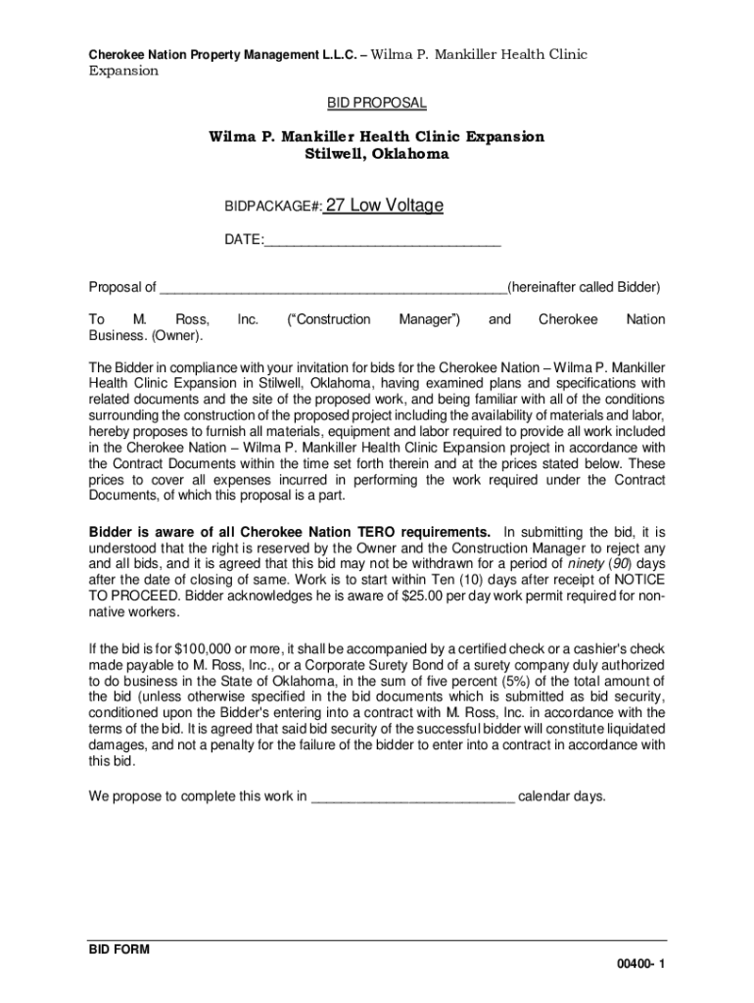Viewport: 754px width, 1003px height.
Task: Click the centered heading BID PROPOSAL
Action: click(x=376, y=103)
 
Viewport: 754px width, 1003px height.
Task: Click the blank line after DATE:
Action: click(x=382, y=240)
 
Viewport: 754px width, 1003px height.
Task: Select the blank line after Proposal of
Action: click(x=333, y=288)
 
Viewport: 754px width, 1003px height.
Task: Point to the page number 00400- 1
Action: click(x=640, y=965)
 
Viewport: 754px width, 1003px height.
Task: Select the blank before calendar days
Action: click(x=412, y=796)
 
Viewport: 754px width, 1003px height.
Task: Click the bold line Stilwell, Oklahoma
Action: click(x=377, y=155)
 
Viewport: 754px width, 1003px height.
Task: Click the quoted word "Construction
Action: click(x=328, y=320)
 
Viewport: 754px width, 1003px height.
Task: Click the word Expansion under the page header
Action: click(x=123, y=72)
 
